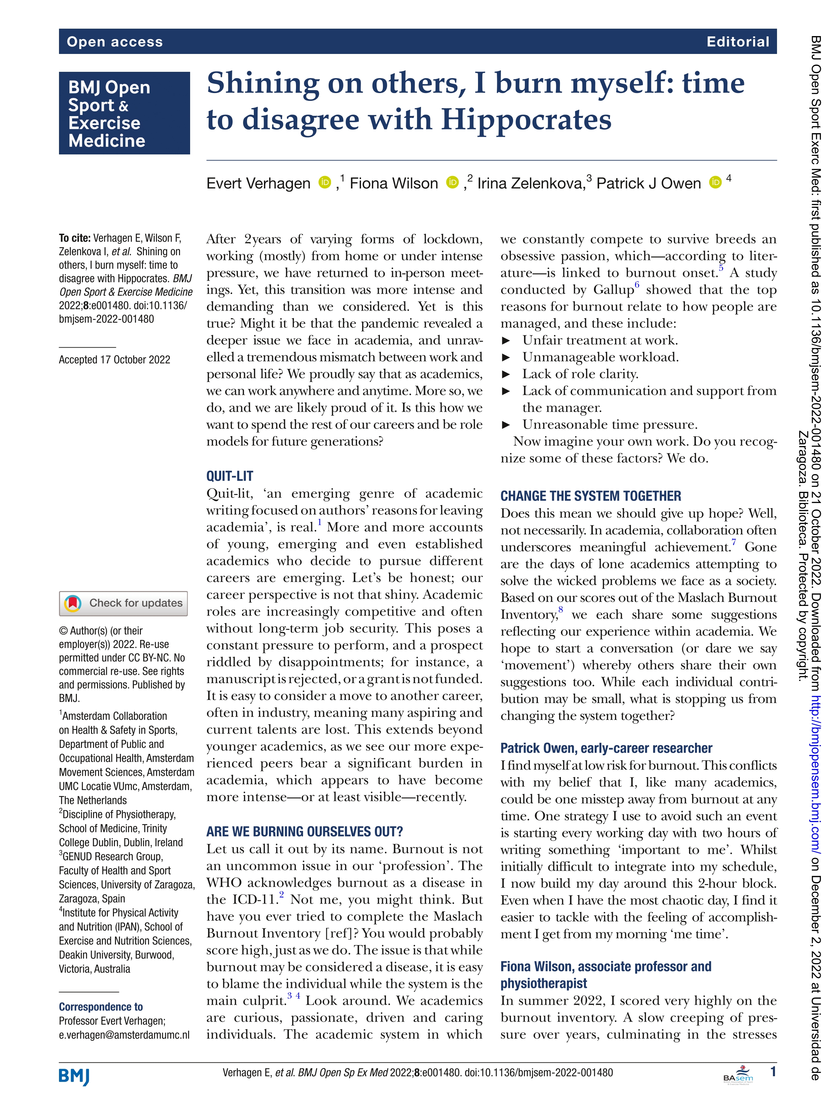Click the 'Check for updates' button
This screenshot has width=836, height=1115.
[123, 603]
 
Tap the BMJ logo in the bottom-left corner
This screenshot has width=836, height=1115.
[74, 1075]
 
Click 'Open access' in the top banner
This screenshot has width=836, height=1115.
[115, 42]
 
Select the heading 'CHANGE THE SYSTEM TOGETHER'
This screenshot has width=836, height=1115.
[591, 496]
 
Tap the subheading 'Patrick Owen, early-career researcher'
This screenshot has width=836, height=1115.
[606, 748]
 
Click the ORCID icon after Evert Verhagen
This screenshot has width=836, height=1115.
[325, 182]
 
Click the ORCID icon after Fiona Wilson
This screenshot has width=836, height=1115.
[452, 182]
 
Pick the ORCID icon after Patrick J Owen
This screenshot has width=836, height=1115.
[715, 182]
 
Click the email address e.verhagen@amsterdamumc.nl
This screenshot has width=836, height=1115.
[124, 1035]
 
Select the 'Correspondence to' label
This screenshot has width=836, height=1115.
[101, 1007]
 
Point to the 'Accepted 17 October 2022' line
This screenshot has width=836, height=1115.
[114, 359]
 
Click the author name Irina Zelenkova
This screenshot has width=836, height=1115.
[530, 183]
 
